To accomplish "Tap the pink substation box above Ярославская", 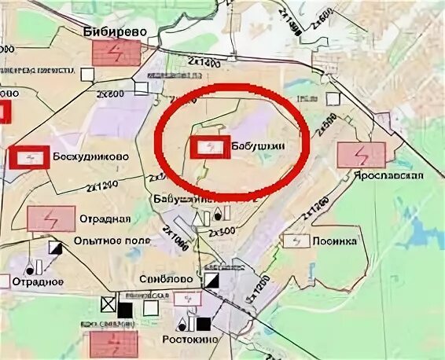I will [361, 154].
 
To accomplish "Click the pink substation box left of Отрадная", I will [51, 218].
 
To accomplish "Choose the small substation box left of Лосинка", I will [293, 241].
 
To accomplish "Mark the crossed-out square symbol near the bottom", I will [108, 303].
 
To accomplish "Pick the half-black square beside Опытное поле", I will [56, 248].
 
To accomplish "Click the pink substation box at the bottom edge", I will [113, 343].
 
